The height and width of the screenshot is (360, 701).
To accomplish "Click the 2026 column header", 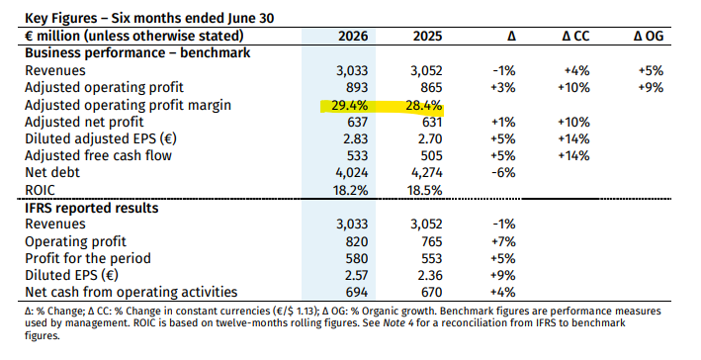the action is tap(353, 36).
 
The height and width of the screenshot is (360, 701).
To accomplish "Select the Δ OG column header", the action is tap(649, 36).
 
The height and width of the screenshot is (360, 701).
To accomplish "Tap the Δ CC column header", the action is tap(575, 36).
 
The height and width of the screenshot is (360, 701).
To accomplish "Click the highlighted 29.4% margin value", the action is tap(350, 106).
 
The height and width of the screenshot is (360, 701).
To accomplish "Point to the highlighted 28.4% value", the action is tap(424, 106).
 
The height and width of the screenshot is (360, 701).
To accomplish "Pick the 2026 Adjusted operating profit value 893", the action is tap(356, 88).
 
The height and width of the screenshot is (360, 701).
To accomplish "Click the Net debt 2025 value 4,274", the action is tap(426, 173).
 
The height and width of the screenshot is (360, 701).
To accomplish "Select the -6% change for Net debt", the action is tap(503, 173).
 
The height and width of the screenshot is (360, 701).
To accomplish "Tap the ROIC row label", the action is tap(40, 190).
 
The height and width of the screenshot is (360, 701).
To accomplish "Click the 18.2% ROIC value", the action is tap(350, 190).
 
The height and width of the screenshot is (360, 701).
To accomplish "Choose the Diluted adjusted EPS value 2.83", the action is tap(355, 139).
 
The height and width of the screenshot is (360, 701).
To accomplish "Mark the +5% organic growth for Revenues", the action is tap(651, 70).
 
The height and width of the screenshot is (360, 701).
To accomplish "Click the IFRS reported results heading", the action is tap(92, 208).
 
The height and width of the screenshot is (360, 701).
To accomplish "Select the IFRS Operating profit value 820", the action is tap(357, 241).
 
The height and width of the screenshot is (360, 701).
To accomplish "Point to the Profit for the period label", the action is tap(88, 258).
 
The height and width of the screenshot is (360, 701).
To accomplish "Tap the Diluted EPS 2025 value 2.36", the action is tap(430, 276).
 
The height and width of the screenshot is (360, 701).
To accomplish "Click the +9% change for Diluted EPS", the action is tap(503, 276).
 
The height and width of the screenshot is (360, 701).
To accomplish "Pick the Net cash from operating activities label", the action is tap(131, 292).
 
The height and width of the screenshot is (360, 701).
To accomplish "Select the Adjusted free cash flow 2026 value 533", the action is tap(356, 155).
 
